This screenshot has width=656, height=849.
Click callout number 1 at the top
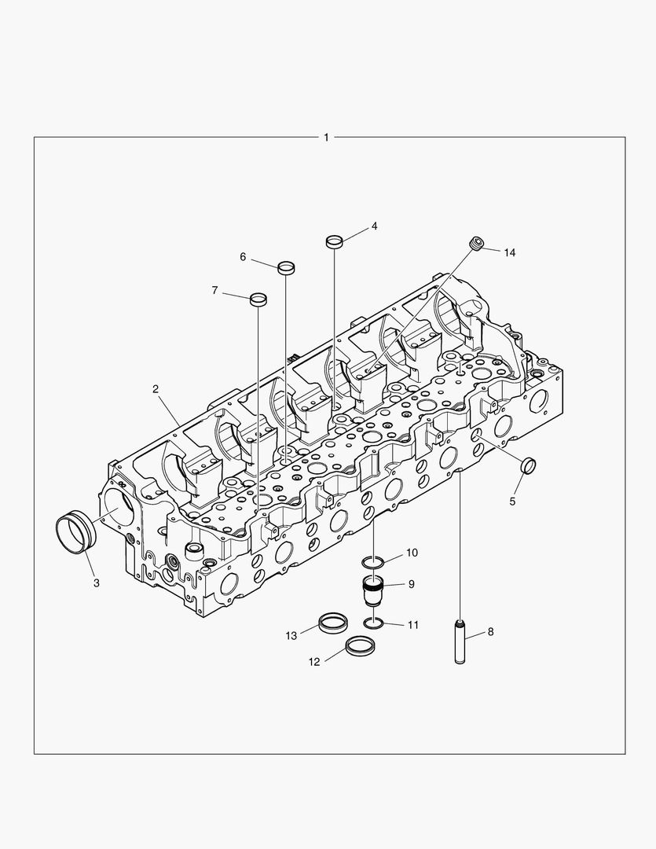point(327,138)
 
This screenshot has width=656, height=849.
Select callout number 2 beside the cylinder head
point(156,389)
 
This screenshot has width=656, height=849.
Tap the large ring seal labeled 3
point(76,532)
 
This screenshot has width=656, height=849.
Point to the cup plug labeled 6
point(287,267)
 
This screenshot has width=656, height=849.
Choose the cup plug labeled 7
point(258,300)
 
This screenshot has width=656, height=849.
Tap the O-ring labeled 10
point(374,562)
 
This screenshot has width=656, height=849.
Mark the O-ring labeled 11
point(374,623)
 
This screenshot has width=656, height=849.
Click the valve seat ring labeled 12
point(360,649)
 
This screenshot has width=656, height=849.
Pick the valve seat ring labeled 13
point(332,624)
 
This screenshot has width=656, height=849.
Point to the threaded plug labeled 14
point(475,244)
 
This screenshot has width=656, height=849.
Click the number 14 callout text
point(510,252)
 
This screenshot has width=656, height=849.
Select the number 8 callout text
point(490,631)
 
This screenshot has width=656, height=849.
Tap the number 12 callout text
point(314,662)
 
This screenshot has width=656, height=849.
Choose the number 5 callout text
point(512,501)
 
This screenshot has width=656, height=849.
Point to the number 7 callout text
point(214,291)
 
